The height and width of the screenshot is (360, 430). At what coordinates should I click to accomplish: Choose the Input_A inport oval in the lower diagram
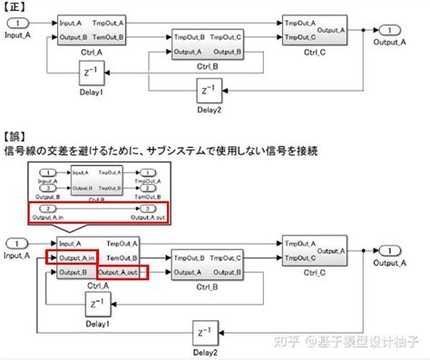click(x=15, y=243)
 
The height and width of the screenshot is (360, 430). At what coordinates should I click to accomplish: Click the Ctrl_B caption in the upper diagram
click(x=209, y=66)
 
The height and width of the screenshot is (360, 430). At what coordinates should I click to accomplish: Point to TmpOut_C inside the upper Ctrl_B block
click(x=227, y=37)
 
